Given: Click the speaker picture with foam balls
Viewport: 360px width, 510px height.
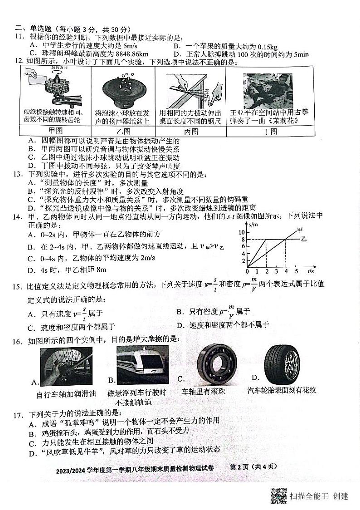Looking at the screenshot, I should [122, 88].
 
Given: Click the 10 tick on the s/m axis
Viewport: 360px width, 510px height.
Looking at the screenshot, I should [242, 232].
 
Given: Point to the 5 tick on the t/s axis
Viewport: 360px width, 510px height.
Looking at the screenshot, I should [296, 271].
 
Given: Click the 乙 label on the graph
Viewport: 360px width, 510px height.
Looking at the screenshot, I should [304, 239].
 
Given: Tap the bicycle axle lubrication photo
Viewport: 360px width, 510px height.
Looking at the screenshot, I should [66, 365].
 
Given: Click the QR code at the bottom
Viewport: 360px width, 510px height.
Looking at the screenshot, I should [278, 495].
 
